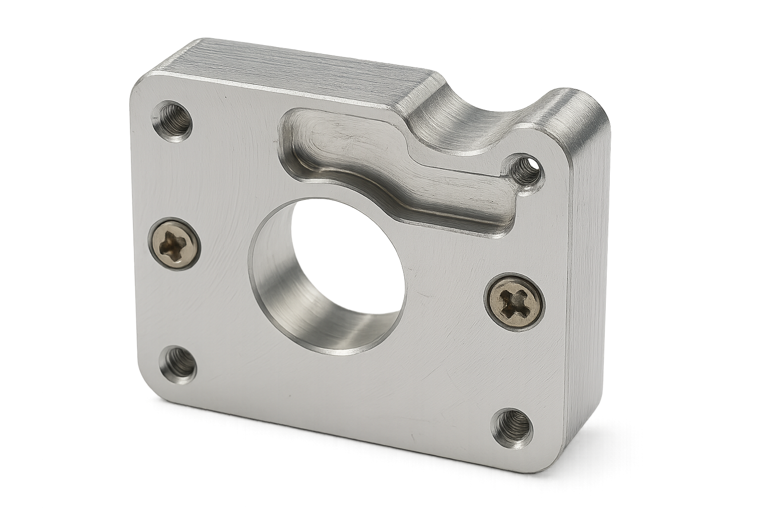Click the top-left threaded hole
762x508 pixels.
click(172, 121)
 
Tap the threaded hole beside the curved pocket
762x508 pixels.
click(524, 172)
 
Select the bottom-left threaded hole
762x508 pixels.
click(178, 364)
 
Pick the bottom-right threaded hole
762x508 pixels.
click(512, 428)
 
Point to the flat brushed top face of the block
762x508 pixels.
click(298, 69)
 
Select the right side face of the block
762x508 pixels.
click(588, 298)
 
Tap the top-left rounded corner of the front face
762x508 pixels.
click(141, 84)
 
